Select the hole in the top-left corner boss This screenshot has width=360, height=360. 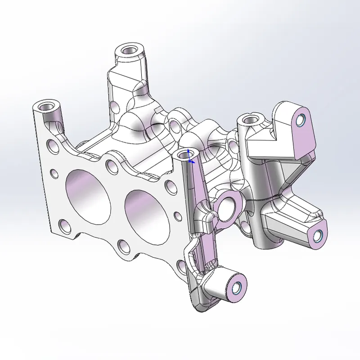(x=46, y=107)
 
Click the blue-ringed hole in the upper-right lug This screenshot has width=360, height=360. (x=301, y=119)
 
